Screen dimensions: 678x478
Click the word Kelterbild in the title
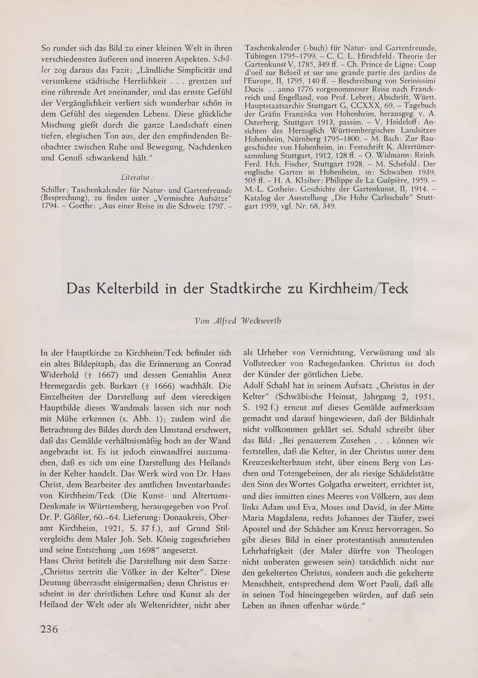(x=127, y=288)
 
